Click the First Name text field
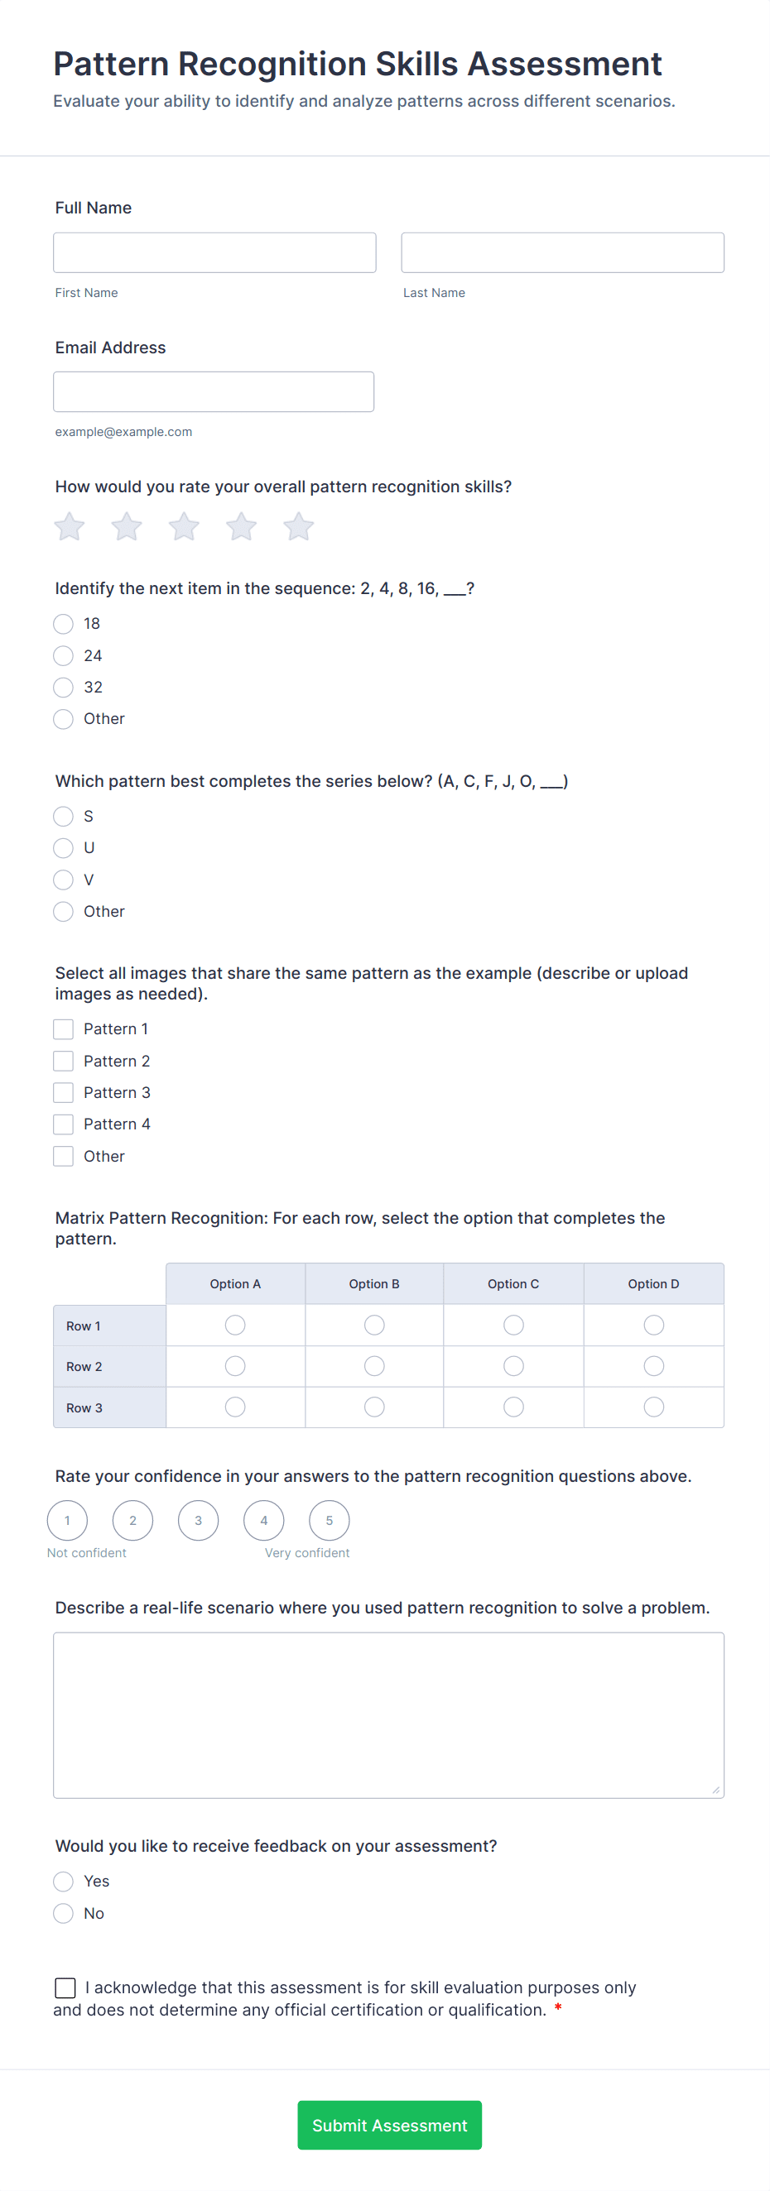(214, 252)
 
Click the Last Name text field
(562, 252)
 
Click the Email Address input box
(214, 392)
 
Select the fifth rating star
(299, 526)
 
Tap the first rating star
(70, 526)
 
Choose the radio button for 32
(64, 688)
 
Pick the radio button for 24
(64, 656)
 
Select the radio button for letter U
(64, 848)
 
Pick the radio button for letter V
(64, 880)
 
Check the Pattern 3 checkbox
(64, 1093)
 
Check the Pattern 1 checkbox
(64, 1029)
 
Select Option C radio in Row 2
(514, 1366)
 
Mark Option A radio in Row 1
(236, 1326)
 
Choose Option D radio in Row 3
(653, 1407)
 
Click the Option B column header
(374, 1284)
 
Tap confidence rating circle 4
(264, 1521)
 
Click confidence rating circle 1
(67, 1521)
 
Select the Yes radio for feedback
(64, 1882)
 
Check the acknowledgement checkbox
(65, 1987)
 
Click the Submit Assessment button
(390, 2126)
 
